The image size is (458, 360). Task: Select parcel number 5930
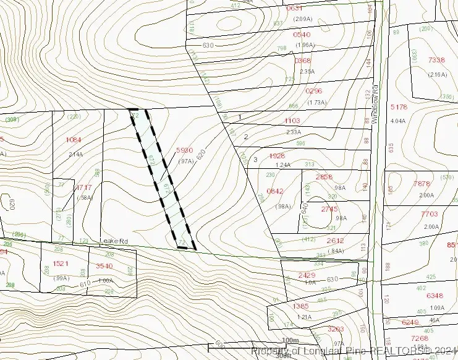pyautogui.click(x=185, y=150)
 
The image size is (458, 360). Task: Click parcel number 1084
pyautogui.click(x=74, y=140)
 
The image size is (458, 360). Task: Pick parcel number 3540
pyautogui.click(x=104, y=266)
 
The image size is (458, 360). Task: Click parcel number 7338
pyautogui.click(x=436, y=59)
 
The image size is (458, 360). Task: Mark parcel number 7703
pyautogui.click(x=429, y=214)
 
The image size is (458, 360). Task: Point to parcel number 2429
pyautogui.click(x=307, y=275)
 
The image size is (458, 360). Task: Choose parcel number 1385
pyautogui.click(x=300, y=306)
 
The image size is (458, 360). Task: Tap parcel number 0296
pyautogui.click(x=314, y=90)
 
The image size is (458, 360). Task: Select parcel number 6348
pyautogui.click(x=435, y=296)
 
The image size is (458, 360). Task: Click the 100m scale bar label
pyautogui.click(x=290, y=341)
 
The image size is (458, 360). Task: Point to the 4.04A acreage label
pyautogui.click(x=399, y=121)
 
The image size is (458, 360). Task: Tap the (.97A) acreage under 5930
pyautogui.click(x=186, y=161)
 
